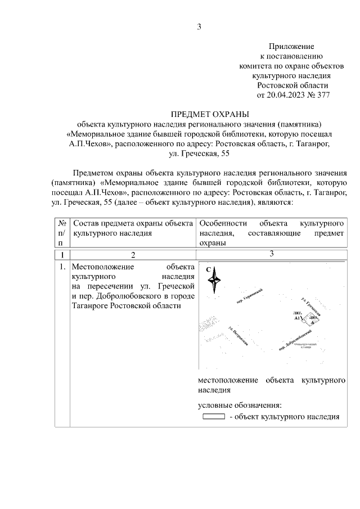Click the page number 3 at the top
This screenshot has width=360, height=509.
coord(199,26)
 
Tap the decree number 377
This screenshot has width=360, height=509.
coord(323,94)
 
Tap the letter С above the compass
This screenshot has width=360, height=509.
coord(208,269)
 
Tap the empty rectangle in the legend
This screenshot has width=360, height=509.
coord(213,417)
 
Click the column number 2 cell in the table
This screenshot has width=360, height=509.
coord(133,256)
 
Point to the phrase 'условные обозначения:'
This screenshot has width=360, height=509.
coord(239,404)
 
